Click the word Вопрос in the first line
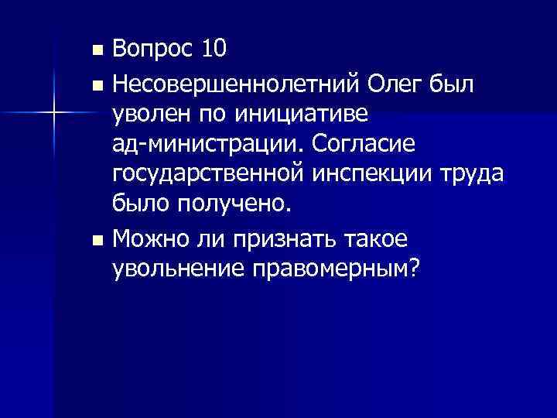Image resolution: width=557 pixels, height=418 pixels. (152, 50)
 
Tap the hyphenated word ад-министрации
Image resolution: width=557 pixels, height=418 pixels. (202, 145)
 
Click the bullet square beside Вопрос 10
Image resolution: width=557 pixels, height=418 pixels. (96, 51)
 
